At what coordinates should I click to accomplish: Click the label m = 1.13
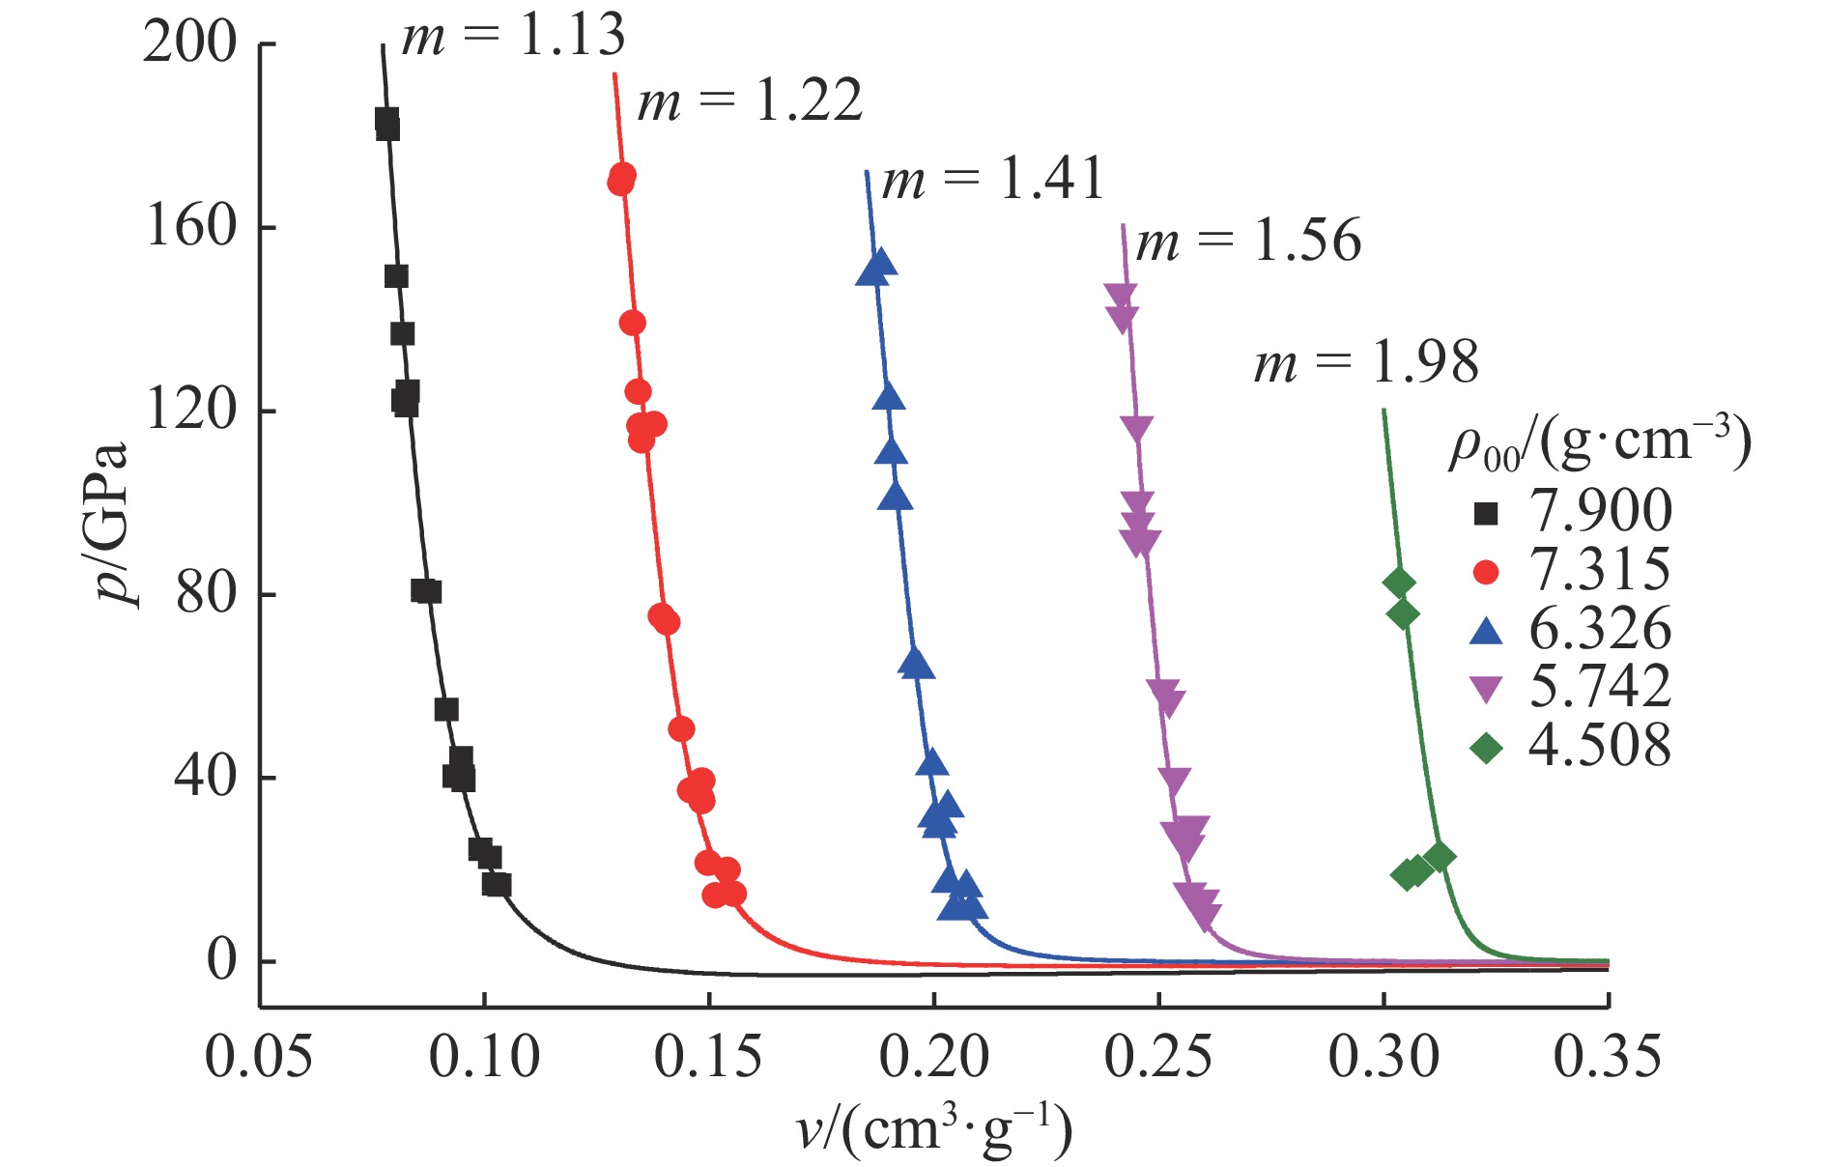(x=513, y=36)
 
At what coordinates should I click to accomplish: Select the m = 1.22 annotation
(x=750, y=100)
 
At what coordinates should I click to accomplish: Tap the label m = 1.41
(x=993, y=180)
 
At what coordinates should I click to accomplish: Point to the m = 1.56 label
(x=1248, y=241)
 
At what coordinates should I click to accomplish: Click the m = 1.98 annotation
(x=1366, y=363)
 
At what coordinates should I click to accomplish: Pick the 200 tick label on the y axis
(x=189, y=43)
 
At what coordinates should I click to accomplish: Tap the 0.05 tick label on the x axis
(x=259, y=1057)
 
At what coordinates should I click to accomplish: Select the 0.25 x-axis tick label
(x=1157, y=1057)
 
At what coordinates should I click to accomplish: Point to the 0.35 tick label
(x=1608, y=1057)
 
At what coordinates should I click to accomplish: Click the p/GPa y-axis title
(x=114, y=523)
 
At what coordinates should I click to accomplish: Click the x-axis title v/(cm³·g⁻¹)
(x=933, y=1128)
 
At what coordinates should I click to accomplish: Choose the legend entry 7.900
(x=1600, y=511)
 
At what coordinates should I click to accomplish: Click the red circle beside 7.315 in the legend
(x=1486, y=572)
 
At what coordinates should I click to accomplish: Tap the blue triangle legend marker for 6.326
(x=1486, y=631)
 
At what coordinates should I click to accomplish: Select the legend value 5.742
(x=1600, y=687)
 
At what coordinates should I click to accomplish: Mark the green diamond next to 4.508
(x=1486, y=747)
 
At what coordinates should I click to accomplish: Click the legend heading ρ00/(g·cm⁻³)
(x=1600, y=443)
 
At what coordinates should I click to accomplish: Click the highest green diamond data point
(x=1399, y=583)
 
